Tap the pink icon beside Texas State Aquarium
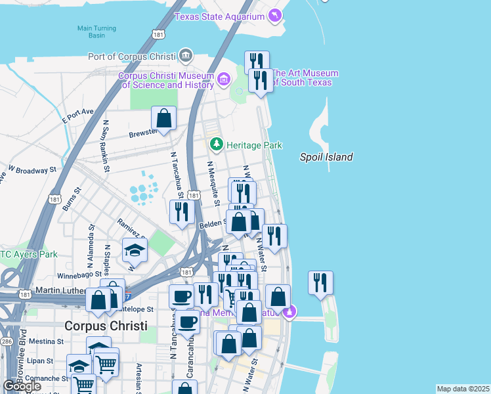point(275,14)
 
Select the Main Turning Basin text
point(96,32)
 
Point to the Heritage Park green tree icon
point(214,144)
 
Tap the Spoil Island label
point(326,157)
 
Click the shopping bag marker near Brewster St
point(163,119)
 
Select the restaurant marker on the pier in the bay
point(320,283)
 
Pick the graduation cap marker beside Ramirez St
point(135,250)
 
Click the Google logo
point(22,385)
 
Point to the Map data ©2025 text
point(462,389)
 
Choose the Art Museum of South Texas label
point(305,77)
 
